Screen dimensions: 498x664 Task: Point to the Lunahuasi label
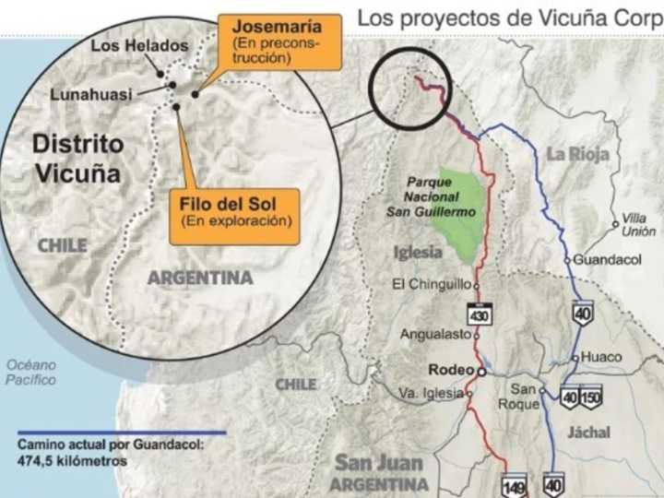(x=90, y=93)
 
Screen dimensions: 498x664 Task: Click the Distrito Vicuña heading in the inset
(x=78, y=158)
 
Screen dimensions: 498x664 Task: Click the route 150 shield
(x=591, y=397)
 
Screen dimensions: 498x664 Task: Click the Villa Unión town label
(x=638, y=225)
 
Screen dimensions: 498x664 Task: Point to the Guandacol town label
(x=607, y=260)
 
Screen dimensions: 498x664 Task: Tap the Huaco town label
(x=602, y=357)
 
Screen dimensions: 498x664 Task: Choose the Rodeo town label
(x=451, y=370)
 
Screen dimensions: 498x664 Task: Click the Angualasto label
(x=435, y=335)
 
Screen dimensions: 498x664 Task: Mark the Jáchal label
(x=588, y=432)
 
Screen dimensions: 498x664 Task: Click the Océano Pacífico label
(x=30, y=372)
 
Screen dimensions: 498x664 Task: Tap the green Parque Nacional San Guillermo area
(x=458, y=217)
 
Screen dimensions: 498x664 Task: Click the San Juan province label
(x=379, y=463)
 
